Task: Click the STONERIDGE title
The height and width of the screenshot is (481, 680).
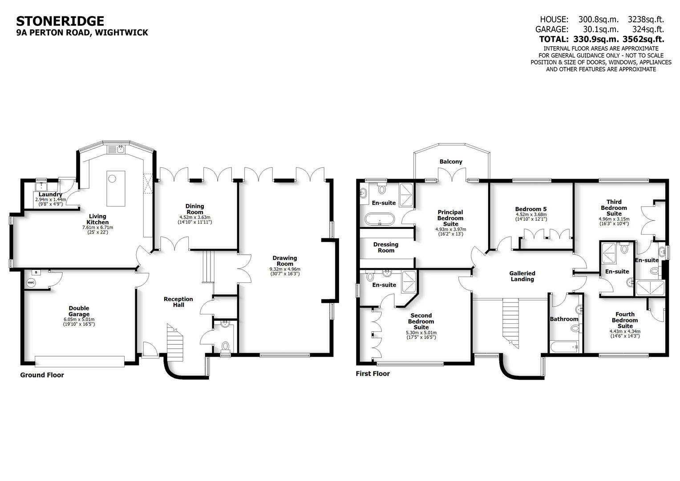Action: pyautogui.click(x=60, y=21)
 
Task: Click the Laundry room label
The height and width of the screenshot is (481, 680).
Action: pyautogui.click(x=50, y=195)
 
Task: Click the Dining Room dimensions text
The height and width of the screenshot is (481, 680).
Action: pyautogui.click(x=194, y=220)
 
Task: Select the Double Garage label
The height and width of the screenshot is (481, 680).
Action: pyautogui.click(x=79, y=311)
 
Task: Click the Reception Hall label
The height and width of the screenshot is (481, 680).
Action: pyautogui.click(x=178, y=302)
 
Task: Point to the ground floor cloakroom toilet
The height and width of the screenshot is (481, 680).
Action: pyautogui.click(x=226, y=346)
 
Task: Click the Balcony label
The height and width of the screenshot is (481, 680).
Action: pyautogui.click(x=451, y=162)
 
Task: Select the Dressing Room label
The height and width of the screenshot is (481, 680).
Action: pyautogui.click(x=386, y=247)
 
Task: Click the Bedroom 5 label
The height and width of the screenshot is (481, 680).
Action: pyautogui.click(x=530, y=209)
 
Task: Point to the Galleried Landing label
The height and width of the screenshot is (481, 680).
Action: pyautogui.click(x=522, y=276)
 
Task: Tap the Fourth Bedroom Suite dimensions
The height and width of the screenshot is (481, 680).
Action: pyautogui.click(x=625, y=334)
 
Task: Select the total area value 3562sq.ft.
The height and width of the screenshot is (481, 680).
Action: pyautogui.click(x=643, y=39)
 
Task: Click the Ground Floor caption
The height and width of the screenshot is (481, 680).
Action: pyautogui.click(x=42, y=375)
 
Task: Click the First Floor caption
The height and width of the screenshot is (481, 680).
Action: pyautogui.click(x=372, y=374)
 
